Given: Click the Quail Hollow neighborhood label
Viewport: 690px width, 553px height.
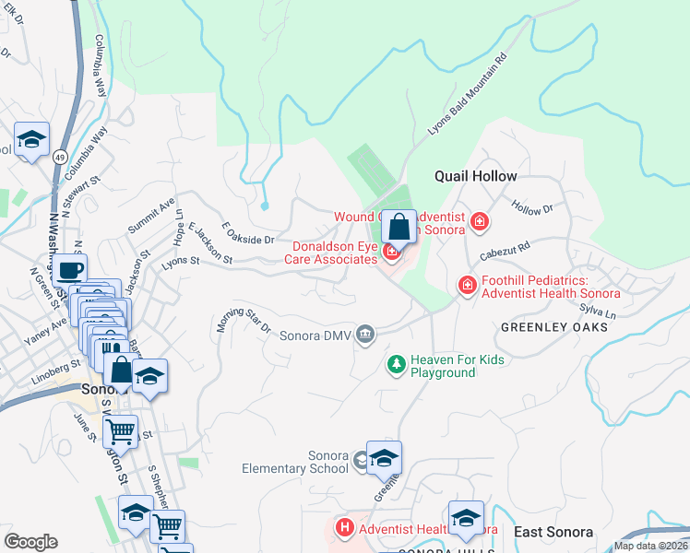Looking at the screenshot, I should pyautogui.click(x=476, y=176).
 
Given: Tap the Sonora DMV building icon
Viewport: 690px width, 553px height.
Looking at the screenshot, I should pyautogui.click(x=366, y=334).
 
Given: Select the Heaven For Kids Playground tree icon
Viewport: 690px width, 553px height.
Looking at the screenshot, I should pyautogui.click(x=396, y=366).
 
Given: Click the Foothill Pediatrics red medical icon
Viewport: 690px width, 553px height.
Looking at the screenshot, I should pyautogui.click(x=468, y=288).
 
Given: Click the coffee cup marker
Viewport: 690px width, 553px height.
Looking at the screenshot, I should pyautogui.click(x=68, y=270).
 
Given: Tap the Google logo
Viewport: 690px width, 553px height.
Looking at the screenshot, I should pyautogui.click(x=30, y=542).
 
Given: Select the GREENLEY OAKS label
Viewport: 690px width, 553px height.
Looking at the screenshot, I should pyautogui.click(x=553, y=327).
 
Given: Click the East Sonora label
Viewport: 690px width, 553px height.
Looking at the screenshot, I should pyautogui.click(x=553, y=533).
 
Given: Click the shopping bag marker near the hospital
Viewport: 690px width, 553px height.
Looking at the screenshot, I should pyautogui.click(x=399, y=227).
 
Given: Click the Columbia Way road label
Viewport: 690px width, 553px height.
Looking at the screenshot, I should pyautogui.click(x=98, y=65).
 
